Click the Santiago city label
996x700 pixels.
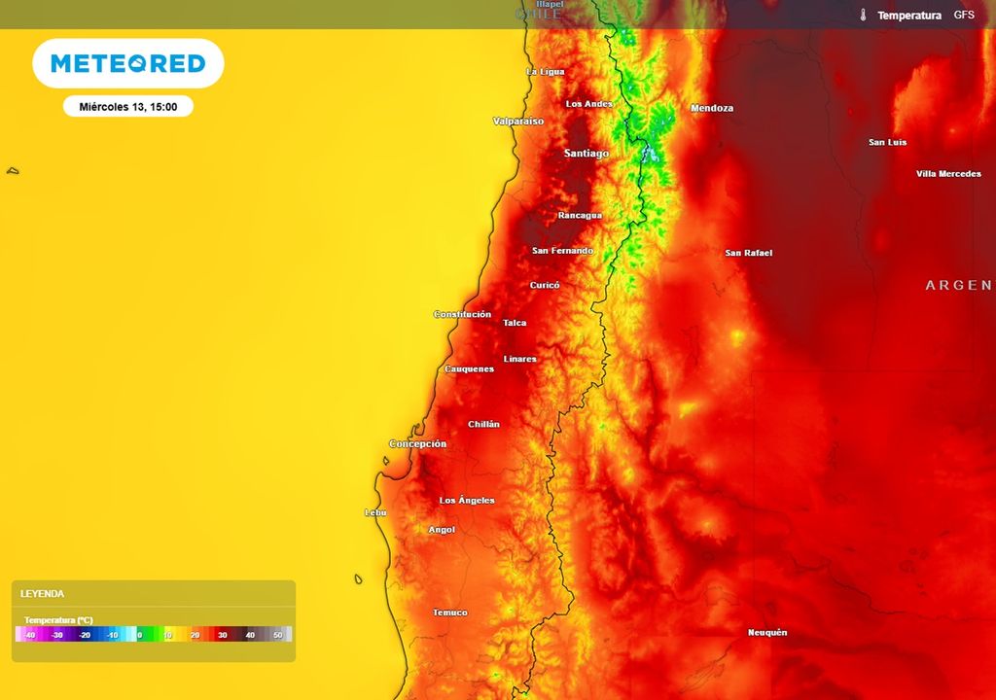coord(587,154)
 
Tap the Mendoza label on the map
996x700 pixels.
coord(712,108)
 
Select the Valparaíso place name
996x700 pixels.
coord(518,122)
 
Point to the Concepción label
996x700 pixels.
coord(418,444)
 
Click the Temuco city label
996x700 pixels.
coord(450,612)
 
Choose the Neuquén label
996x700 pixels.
coord(767,633)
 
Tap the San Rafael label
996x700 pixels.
coord(749,253)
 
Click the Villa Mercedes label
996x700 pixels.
coord(948,174)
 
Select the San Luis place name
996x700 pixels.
coord(887,143)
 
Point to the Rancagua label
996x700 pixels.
coord(580,215)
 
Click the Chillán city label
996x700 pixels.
coord(483,424)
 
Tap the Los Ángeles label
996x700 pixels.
coord(467,501)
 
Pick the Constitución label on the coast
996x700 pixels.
coord(462,314)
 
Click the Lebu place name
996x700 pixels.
coord(374,512)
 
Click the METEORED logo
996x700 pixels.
coord(128,64)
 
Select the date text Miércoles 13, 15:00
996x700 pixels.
coord(128,107)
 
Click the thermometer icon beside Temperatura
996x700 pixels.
coord(863,16)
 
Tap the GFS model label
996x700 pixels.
coord(964,16)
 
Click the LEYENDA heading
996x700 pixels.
coord(43,593)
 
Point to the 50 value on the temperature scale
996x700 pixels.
coord(277,635)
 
